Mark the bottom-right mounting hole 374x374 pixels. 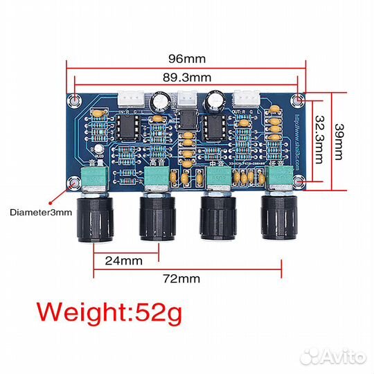(x=297, y=182)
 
